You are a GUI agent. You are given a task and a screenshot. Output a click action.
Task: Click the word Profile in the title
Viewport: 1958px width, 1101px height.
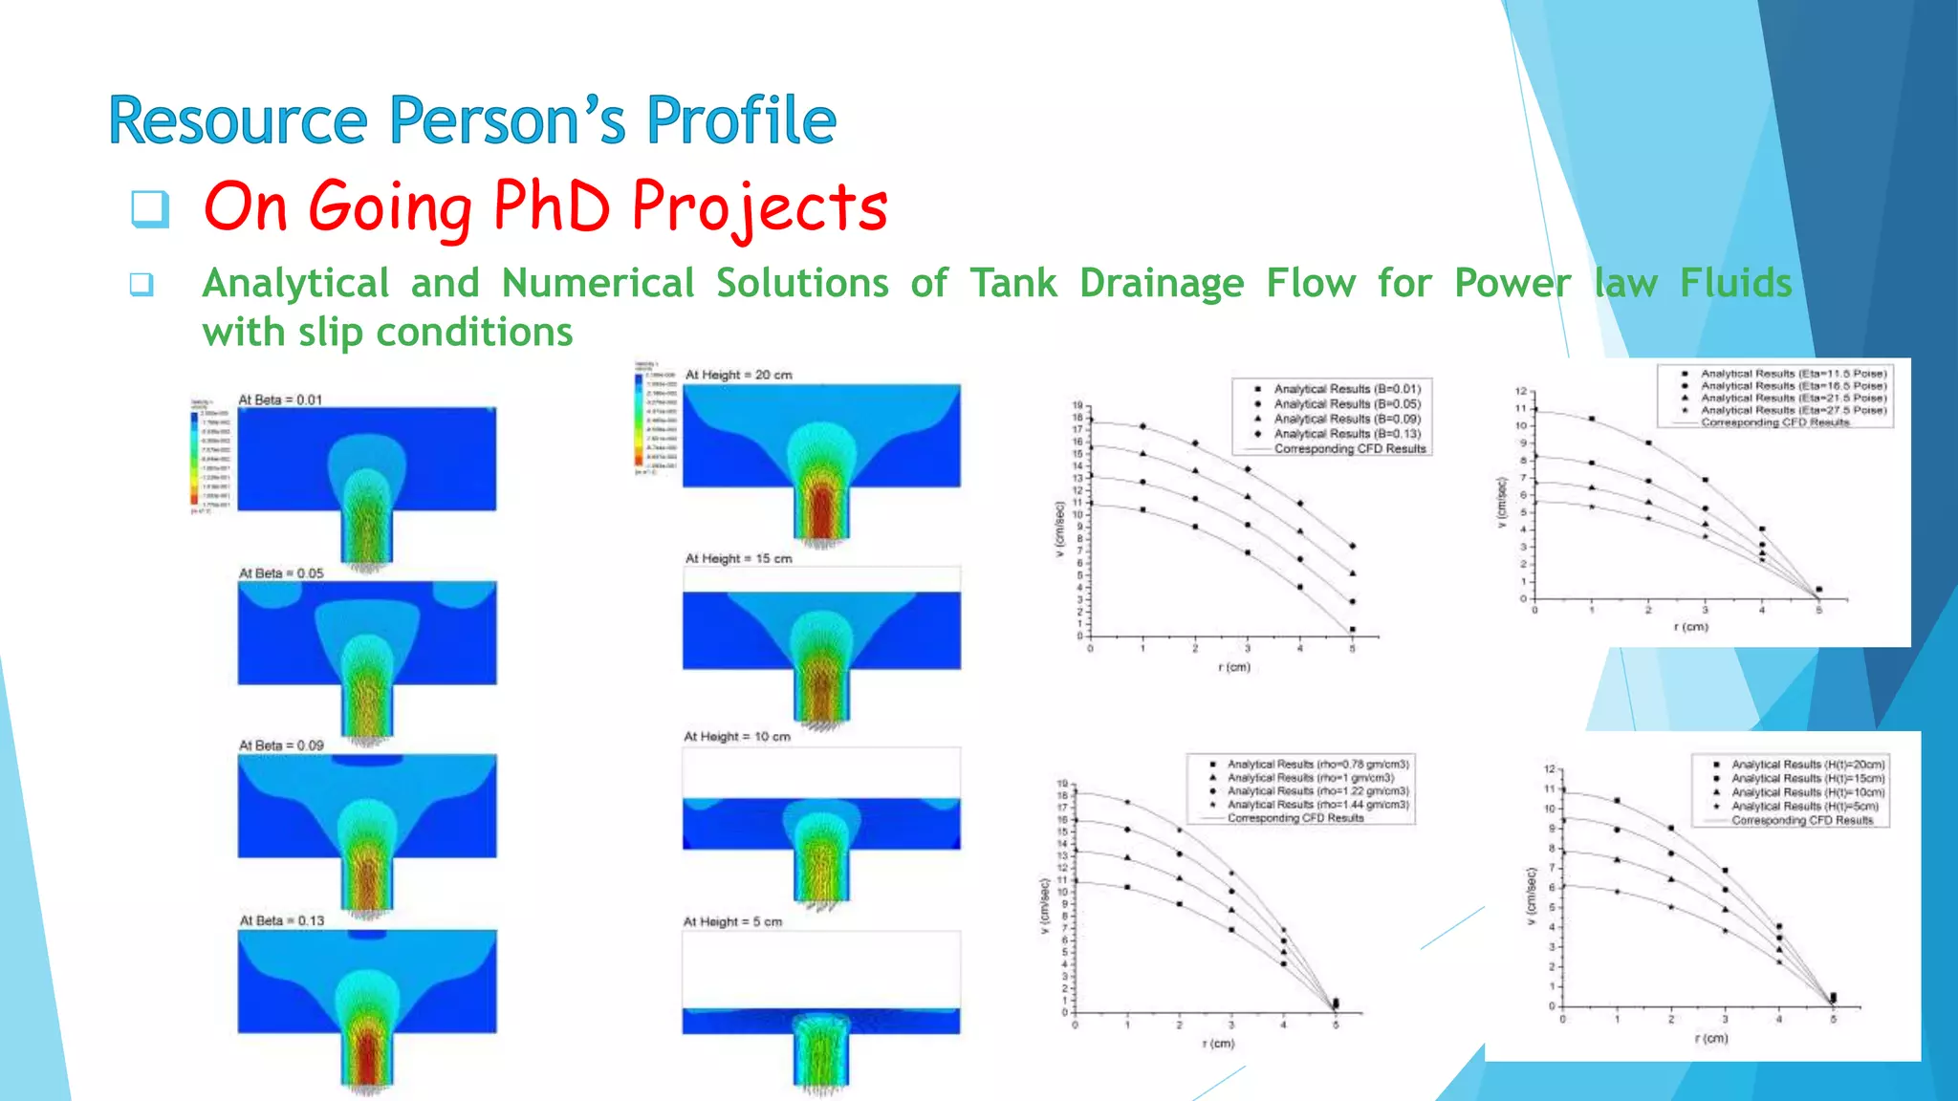coord(741,121)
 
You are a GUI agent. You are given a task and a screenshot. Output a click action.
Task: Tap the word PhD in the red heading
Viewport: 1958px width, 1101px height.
coord(552,206)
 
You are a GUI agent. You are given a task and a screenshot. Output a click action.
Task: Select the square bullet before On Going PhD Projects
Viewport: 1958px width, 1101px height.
coord(150,208)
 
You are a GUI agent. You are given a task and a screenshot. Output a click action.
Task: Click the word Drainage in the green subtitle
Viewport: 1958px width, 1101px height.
coord(1162,284)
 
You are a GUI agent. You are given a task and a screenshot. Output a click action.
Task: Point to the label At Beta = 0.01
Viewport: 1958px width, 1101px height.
coord(280,399)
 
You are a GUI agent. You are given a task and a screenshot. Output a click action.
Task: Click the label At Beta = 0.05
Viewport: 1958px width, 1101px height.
coord(281,573)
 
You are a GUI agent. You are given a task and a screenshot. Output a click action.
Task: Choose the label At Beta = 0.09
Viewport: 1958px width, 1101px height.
coord(281,745)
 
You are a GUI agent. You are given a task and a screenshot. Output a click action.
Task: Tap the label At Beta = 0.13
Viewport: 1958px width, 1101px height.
coord(281,920)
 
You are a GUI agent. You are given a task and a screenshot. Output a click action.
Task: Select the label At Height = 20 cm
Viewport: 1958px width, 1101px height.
coord(738,375)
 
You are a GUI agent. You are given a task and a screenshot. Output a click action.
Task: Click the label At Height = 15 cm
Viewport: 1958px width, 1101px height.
coord(738,558)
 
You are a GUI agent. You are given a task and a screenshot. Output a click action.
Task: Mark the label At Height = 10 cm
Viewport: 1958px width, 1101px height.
coord(736,737)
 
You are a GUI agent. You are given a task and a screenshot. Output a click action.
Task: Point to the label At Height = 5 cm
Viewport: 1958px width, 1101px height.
coord(732,922)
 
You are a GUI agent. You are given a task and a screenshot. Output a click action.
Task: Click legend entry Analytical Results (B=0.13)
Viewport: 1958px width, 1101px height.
coord(1346,434)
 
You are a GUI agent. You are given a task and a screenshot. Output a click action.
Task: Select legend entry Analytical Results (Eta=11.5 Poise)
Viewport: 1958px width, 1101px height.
coord(1793,374)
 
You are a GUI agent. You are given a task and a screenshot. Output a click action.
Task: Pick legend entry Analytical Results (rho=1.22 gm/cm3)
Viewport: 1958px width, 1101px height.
coord(1317,791)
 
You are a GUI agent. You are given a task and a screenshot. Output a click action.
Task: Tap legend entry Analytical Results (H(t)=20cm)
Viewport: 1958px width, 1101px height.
coord(1807,765)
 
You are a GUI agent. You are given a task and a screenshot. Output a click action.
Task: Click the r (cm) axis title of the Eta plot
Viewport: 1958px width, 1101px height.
coord(1690,627)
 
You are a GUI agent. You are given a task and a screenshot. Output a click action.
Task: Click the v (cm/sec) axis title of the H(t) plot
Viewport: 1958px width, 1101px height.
coord(1532,896)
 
